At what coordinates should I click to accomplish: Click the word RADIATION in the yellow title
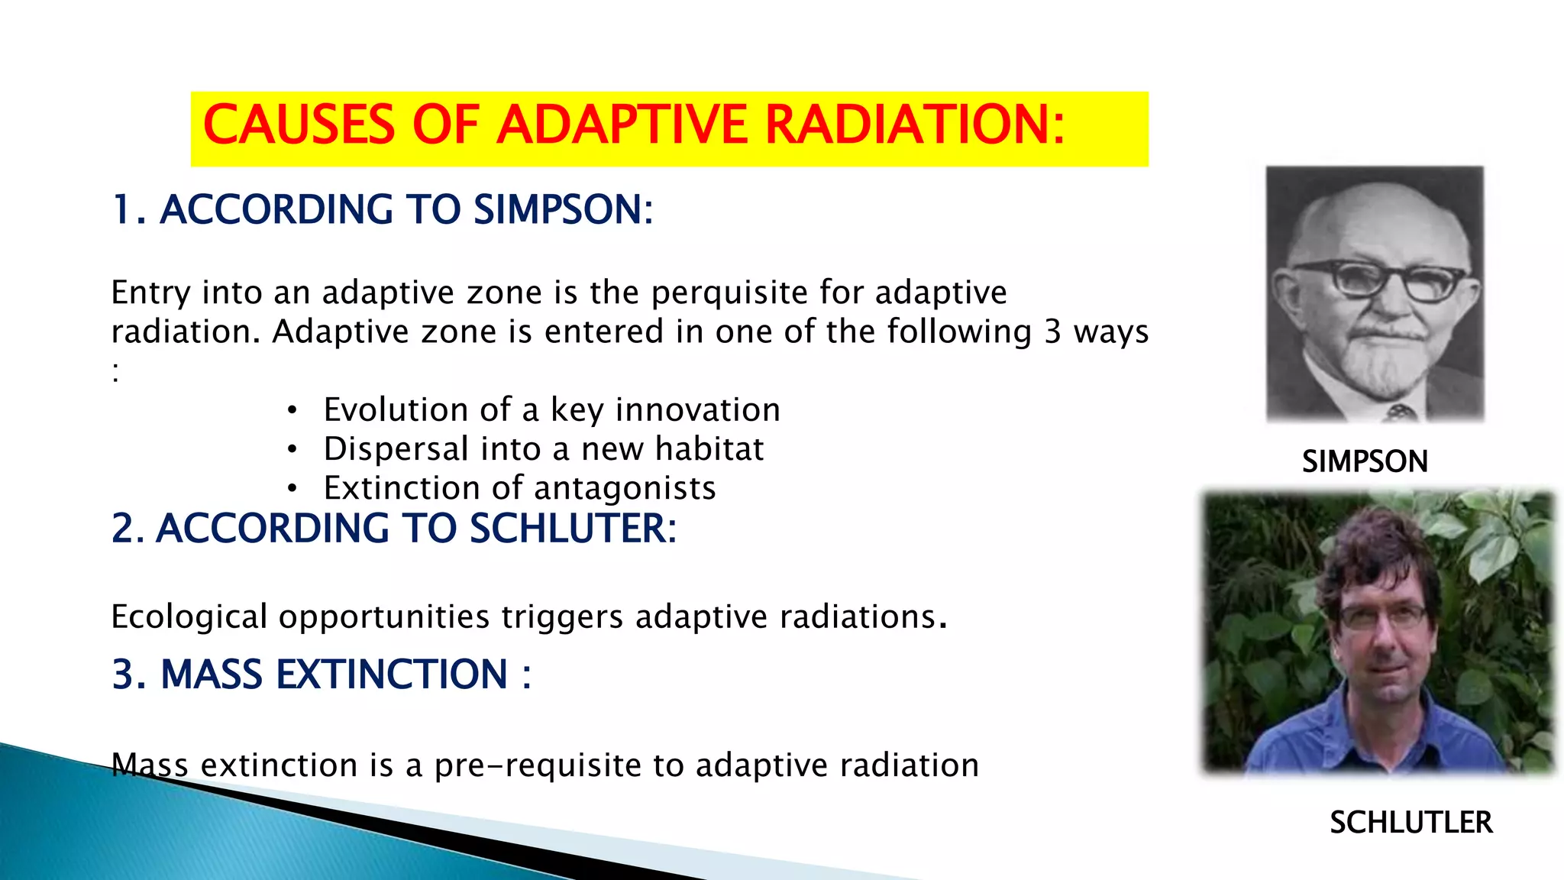(914, 125)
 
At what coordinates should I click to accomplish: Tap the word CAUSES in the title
(299, 125)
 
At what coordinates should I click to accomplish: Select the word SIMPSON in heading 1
(563, 210)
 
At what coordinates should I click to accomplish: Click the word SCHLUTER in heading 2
(572, 529)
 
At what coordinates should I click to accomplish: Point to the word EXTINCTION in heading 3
(392, 675)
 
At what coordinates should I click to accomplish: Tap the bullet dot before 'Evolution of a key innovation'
(292, 411)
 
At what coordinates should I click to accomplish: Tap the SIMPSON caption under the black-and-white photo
(1365, 462)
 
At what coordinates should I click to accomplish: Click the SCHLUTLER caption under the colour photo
(1411, 823)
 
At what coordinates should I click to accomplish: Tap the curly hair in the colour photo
(1375, 550)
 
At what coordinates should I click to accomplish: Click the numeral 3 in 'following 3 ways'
(1052, 332)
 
